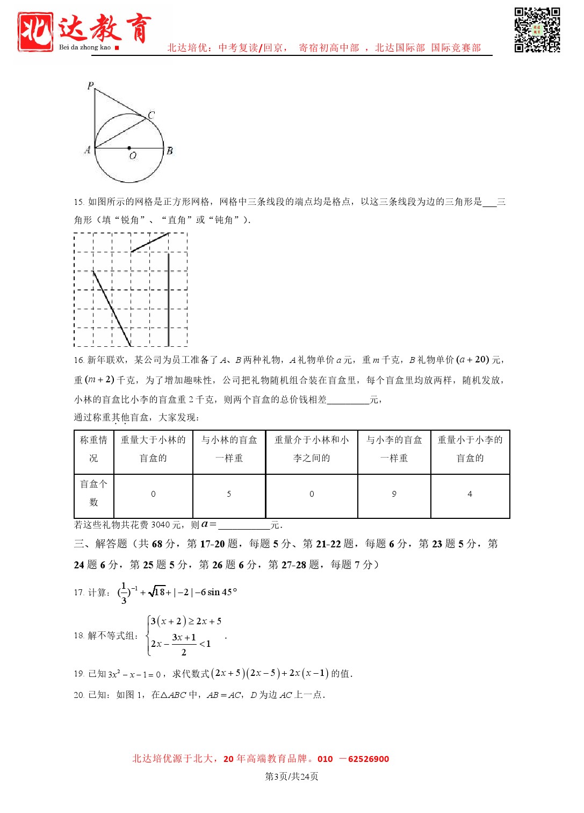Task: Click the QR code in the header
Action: (537, 30)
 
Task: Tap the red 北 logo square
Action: (35, 32)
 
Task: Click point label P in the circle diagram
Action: (90, 85)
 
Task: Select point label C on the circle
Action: (151, 115)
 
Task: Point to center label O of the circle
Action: (133, 156)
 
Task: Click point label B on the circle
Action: (170, 151)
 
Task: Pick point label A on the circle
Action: (87, 150)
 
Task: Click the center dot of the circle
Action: (129, 148)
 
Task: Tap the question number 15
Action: (78, 202)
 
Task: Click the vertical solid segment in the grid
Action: (169, 299)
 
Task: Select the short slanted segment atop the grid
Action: (150, 242)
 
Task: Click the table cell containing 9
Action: (394, 494)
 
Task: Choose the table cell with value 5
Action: (229, 494)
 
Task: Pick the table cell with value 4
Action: (470, 494)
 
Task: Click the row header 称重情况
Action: (93, 449)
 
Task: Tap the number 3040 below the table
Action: (160, 525)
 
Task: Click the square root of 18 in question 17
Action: (157, 592)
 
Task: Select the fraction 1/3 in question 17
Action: (124, 593)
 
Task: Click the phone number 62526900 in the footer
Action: (369, 759)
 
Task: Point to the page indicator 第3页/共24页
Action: (292, 776)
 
